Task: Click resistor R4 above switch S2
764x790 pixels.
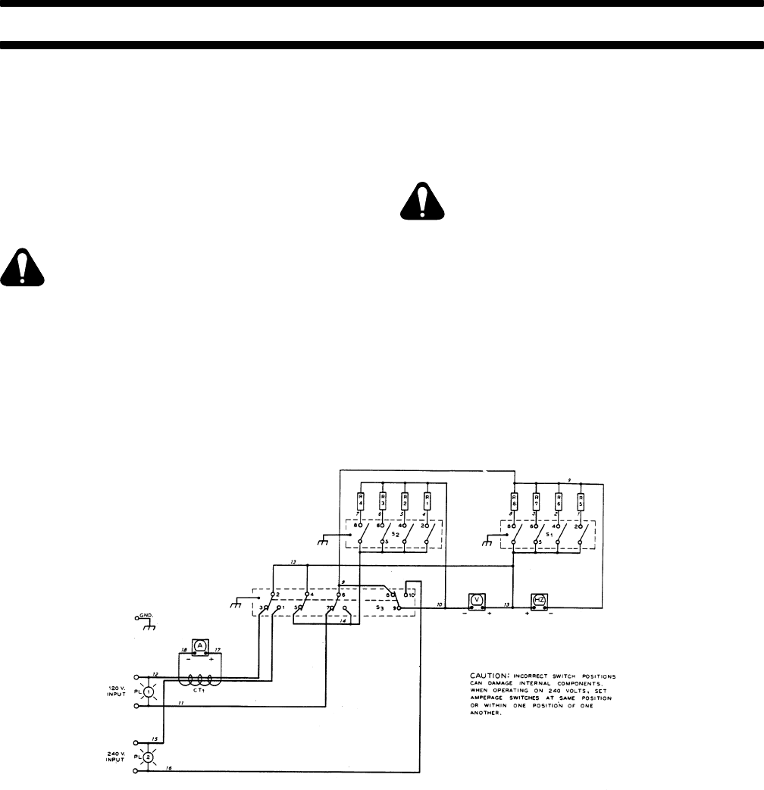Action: click(x=361, y=501)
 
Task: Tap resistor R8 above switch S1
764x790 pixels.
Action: click(x=514, y=501)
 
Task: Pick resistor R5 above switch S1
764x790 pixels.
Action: click(x=581, y=501)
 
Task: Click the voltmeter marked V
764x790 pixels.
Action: click(x=477, y=601)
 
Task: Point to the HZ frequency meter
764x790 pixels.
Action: click(x=540, y=601)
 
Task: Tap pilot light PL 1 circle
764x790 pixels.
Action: click(x=149, y=691)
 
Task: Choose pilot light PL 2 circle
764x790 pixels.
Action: click(x=149, y=757)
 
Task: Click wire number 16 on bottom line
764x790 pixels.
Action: click(x=169, y=768)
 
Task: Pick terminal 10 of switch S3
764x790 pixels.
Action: click(x=411, y=596)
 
